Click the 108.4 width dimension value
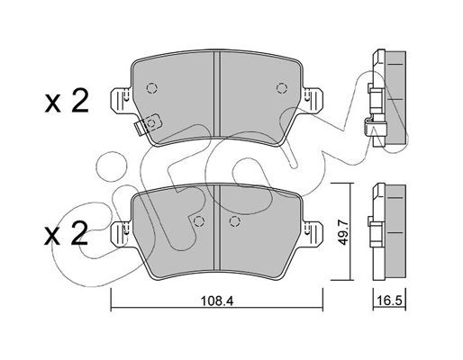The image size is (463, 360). tap(217, 301)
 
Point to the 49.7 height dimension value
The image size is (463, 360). tap(342, 232)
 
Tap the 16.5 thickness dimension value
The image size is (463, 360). tap(389, 301)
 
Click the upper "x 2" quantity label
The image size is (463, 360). tap(67, 102)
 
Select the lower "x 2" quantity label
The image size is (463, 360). tap(67, 234)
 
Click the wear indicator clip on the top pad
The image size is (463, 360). tap(148, 124)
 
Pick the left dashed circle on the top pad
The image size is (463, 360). tap(152, 88)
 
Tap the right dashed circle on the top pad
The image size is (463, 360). tap(282, 88)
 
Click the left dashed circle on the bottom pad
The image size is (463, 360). tap(198, 221)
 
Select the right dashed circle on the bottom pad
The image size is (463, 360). tap(235, 221)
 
